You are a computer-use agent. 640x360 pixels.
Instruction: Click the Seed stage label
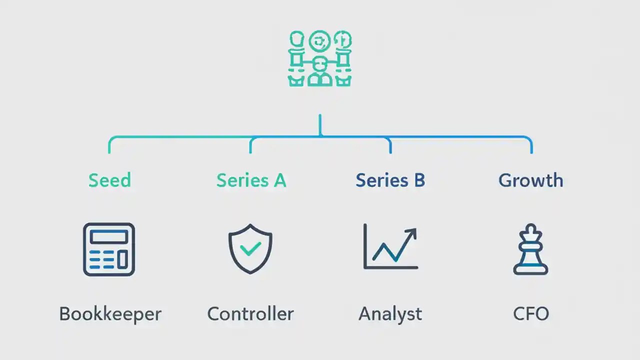pos(109,180)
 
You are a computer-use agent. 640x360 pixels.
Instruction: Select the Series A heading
pos(251,180)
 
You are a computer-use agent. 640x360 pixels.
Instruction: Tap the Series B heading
pos(390,180)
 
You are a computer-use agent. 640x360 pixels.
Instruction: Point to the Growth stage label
pos(530,180)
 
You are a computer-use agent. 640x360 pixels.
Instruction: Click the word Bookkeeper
pos(110,314)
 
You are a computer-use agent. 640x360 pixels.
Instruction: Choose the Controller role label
pos(250,314)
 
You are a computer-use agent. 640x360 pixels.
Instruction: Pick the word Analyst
pos(390,314)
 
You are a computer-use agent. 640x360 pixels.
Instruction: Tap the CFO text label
pos(530,314)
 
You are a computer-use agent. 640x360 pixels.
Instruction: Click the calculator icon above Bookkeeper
pos(109,249)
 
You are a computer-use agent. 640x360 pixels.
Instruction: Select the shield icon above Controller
pos(250,249)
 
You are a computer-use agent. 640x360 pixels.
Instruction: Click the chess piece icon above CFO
pos(530,249)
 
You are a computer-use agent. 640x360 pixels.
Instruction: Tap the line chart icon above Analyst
pos(390,247)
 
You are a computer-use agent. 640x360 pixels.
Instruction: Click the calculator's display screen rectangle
pos(108,236)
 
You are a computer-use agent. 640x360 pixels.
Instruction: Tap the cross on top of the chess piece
pos(530,227)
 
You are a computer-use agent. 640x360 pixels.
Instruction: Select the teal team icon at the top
pos(320,58)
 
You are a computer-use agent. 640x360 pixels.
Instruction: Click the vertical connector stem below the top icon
pos(320,125)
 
